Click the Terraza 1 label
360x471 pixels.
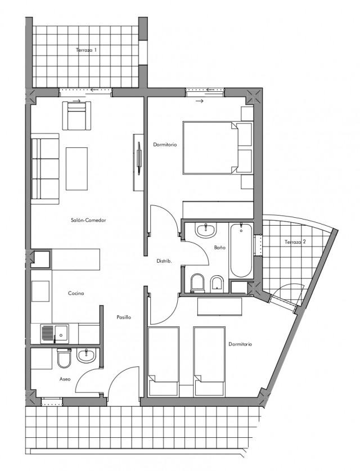pos(87,50)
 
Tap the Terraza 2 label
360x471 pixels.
pos(295,241)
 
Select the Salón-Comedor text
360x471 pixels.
pos(88,220)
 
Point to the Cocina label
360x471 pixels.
pos(76,293)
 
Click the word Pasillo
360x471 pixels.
pos(124,317)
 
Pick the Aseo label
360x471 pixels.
pos(65,379)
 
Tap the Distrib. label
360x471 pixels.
pos(164,261)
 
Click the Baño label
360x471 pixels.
pos(220,248)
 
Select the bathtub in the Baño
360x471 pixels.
pos(241,250)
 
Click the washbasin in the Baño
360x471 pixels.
pos(206,230)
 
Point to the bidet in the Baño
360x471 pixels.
pos(217,283)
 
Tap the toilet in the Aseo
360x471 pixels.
pos(64,358)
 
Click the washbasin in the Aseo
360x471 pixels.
pos(87,356)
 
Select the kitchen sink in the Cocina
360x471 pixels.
pos(55,334)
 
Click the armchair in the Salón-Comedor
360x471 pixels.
pos(76,116)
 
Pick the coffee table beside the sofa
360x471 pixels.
pos(77,169)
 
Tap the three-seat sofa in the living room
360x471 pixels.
pos(45,169)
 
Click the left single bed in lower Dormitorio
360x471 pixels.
pos(164,361)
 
